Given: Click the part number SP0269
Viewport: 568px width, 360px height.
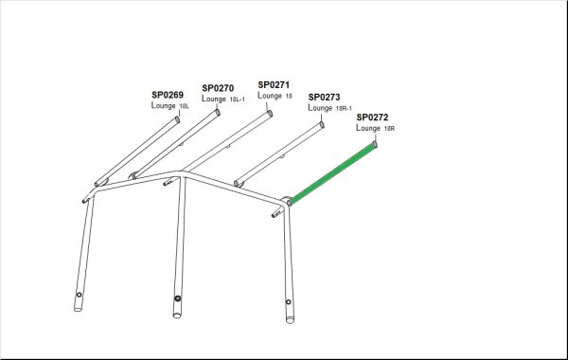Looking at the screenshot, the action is tap(168, 95).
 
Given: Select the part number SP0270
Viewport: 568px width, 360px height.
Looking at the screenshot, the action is tap(218, 88).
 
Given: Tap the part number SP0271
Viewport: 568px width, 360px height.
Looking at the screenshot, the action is tap(274, 85).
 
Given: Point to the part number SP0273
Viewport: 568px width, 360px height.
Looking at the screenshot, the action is tap(324, 98).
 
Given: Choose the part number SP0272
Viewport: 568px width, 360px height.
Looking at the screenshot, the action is tap(372, 117).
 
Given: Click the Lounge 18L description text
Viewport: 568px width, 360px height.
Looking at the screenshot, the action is tap(169, 105).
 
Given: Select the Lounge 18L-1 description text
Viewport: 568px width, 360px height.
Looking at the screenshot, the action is tap(223, 99).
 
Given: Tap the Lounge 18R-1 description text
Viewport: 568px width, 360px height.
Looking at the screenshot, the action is tap(329, 108).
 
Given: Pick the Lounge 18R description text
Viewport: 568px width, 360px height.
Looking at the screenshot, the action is tap(375, 128).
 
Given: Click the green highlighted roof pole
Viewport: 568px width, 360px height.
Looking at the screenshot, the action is tap(332, 172).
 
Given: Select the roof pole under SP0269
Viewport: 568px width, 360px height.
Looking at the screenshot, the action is tap(137, 152).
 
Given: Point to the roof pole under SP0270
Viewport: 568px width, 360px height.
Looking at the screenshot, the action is tap(176, 144).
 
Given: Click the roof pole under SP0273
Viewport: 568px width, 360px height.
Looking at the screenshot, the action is tap(279, 154).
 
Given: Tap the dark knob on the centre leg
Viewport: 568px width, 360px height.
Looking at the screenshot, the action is tap(178, 298).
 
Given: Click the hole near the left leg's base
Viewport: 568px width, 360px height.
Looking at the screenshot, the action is tap(79, 295).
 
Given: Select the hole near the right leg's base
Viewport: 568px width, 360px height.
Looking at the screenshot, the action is tap(289, 302).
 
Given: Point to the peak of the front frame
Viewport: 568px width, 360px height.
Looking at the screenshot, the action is tap(180, 173).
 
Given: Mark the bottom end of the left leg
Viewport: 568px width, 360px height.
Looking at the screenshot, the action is tap(78, 309).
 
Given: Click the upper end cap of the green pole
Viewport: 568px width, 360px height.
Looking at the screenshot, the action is tap(375, 144).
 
